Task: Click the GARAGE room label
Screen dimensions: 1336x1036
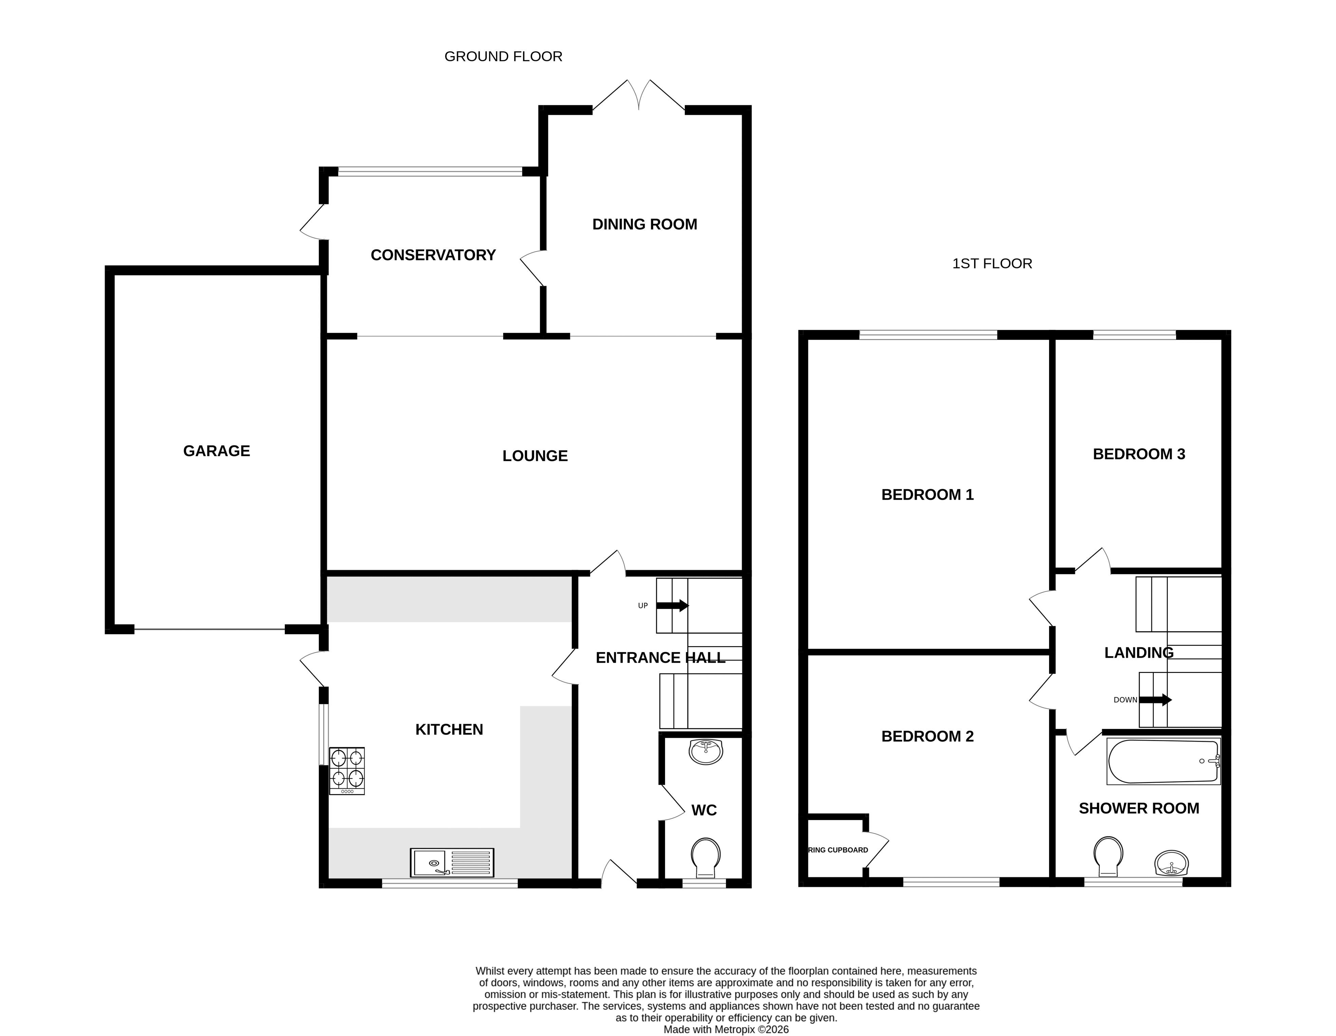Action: coord(217,451)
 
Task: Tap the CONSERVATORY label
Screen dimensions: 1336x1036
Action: coord(433,255)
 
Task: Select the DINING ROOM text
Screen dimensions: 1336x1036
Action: coord(645,225)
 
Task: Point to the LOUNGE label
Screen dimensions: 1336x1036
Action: coord(535,456)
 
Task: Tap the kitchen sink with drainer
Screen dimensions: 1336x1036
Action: coord(452,862)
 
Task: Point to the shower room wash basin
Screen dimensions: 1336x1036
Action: coord(1171,863)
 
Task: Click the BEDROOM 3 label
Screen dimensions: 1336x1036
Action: coord(1139,454)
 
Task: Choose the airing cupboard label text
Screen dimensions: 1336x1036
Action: coord(838,850)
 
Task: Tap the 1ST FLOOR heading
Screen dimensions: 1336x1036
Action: coord(992,264)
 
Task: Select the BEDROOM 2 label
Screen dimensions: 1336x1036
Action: coord(927,736)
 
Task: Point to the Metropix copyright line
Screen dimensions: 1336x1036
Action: coord(726,1029)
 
